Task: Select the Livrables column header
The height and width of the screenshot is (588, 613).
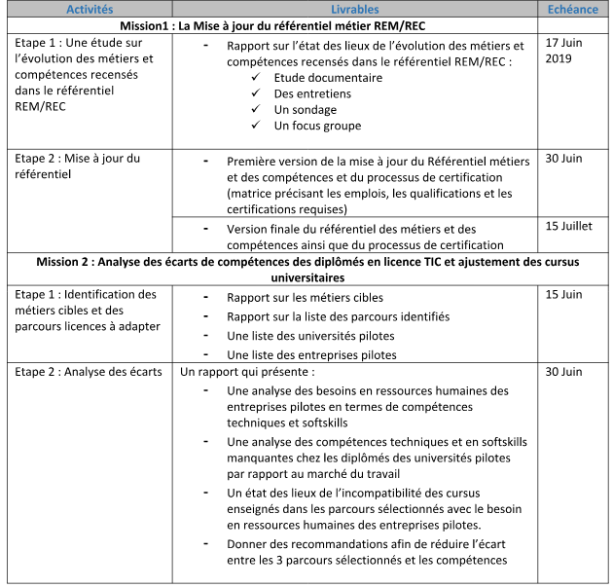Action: [x=360, y=9]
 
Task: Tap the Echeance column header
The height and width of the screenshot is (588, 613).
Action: [x=574, y=9]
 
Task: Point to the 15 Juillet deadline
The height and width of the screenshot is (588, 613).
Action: [x=568, y=226]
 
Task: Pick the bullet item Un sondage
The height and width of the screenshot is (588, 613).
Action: [x=305, y=109]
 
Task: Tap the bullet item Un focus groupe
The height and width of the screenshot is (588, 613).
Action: [x=317, y=126]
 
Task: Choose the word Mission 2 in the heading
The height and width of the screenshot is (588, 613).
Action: [x=69, y=261]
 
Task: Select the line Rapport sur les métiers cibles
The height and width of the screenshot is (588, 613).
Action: [x=305, y=297]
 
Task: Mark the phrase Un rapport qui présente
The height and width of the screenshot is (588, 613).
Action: [x=247, y=372]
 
